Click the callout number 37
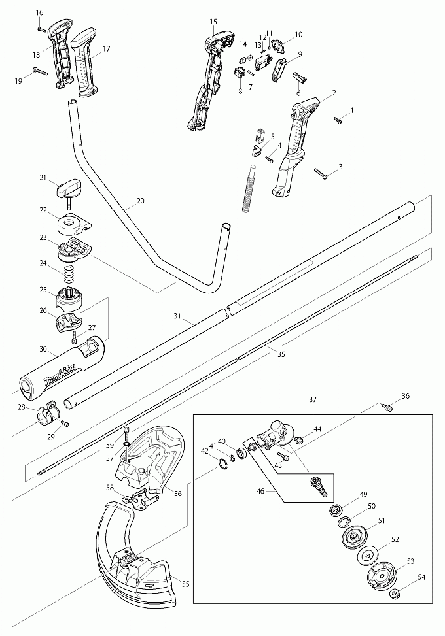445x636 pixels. [x=313, y=399]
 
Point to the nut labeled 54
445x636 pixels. [x=395, y=594]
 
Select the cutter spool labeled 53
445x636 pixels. [x=381, y=576]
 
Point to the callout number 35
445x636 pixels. [x=281, y=355]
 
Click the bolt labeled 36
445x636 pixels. [x=387, y=408]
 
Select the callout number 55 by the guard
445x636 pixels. [x=185, y=584]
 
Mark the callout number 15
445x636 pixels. [x=213, y=22]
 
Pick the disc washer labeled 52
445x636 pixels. [x=370, y=556]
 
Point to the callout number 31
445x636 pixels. [x=177, y=316]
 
